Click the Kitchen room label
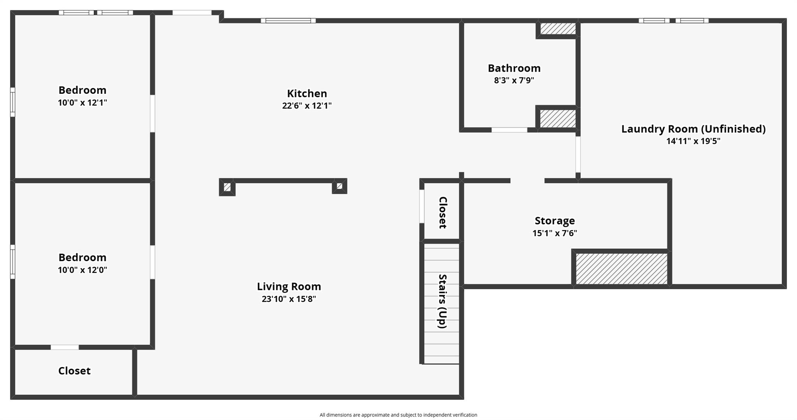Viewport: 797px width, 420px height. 307,93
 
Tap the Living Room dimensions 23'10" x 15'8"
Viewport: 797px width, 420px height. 289,299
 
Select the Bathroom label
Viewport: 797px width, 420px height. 514,68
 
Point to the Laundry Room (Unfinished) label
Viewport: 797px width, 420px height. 693,129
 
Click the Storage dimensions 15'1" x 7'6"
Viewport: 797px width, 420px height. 555,233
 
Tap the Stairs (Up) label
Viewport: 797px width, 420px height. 442,301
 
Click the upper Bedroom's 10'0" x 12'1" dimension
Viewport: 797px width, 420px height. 83,103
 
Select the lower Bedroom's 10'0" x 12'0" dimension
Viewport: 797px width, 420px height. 83,270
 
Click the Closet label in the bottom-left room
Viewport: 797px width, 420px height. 74,371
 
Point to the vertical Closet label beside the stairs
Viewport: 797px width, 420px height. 442,213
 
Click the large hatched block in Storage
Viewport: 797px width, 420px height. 621,269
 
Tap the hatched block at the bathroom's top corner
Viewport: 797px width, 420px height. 558,28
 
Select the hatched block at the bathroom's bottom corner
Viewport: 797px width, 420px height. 558,118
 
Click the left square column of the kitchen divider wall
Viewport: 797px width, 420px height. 227,187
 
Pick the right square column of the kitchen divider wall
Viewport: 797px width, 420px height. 339,186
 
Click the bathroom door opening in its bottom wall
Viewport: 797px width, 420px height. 509,130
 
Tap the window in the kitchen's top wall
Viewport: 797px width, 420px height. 288,21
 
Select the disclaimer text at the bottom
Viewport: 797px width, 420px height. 398,415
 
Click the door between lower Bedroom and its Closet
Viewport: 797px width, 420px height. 65,347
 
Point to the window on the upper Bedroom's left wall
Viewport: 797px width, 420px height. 12,102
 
